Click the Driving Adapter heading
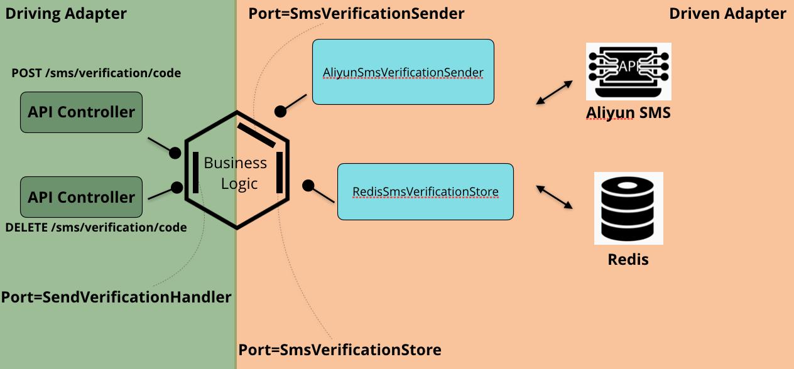(x=66, y=14)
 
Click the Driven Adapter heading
(x=727, y=14)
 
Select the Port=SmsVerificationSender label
(x=356, y=13)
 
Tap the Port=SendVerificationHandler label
(x=116, y=297)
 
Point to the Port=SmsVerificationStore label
(x=340, y=350)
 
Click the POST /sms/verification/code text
(x=96, y=73)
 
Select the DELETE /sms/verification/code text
(x=95, y=227)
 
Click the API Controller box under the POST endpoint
(x=81, y=112)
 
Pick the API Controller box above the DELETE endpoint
(x=81, y=197)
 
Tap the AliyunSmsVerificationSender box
(x=403, y=72)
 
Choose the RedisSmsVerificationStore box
(x=425, y=191)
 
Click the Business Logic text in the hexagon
(x=236, y=173)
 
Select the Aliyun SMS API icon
(x=628, y=71)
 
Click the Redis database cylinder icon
(x=628, y=208)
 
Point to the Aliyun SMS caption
(x=628, y=112)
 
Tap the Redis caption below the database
(x=628, y=259)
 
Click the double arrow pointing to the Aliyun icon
(x=554, y=92)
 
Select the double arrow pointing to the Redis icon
(x=554, y=197)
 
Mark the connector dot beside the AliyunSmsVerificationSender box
(x=280, y=112)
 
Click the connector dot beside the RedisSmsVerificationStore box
(x=308, y=186)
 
